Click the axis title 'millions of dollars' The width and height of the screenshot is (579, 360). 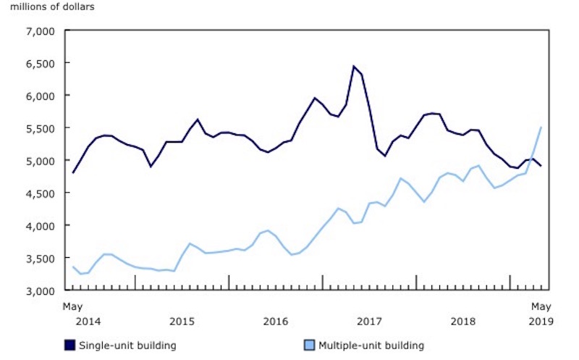click(x=52, y=7)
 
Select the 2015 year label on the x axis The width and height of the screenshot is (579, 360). click(x=182, y=320)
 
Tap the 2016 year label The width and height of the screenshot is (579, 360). click(x=276, y=320)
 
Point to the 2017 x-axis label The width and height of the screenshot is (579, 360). click(x=369, y=320)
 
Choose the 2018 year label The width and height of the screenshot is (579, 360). click(x=463, y=320)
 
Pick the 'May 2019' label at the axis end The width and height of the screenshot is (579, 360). click(x=541, y=313)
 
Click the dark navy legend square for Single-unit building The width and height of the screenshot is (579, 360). click(x=70, y=346)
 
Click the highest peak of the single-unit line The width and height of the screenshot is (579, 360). click(x=354, y=67)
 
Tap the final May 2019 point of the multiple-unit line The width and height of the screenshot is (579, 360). click(x=541, y=127)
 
